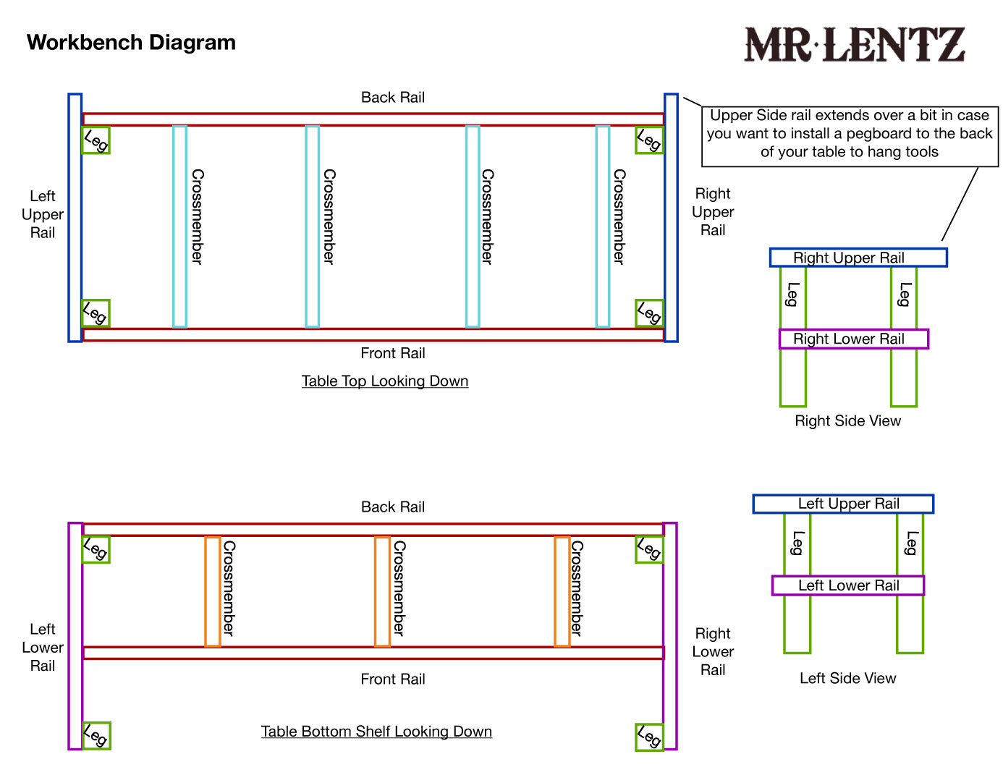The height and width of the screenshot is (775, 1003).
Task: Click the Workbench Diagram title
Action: coord(131,43)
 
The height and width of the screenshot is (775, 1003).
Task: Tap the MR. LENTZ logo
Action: coord(855,45)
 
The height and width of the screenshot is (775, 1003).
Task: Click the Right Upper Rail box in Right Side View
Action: coord(858,258)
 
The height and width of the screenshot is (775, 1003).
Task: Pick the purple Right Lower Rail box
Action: coord(853,339)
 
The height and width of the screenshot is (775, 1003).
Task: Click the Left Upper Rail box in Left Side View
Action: coord(843,504)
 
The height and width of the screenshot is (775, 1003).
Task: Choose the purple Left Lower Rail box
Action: coord(847,585)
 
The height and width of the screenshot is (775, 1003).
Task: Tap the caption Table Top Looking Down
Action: coord(385,381)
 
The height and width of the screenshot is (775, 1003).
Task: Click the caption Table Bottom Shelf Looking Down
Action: coord(376,732)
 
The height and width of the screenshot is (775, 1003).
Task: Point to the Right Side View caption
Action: coord(847,421)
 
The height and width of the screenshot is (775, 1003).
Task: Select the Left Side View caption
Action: coord(847,678)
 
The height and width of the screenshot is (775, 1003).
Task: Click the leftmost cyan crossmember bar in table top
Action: coord(179,226)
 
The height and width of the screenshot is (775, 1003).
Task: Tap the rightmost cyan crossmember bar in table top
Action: coord(602,226)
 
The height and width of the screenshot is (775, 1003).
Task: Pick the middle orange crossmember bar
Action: coord(382,591)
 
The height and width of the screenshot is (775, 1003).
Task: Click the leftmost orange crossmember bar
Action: coord(212,591)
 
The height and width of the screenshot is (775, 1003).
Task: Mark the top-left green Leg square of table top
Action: coord(96,140)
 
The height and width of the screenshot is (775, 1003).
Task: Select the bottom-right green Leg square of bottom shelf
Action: coord(649,737)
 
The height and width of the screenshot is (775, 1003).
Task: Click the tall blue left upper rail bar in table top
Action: coord(75,217)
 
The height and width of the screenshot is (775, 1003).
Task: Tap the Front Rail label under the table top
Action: coord(393,353)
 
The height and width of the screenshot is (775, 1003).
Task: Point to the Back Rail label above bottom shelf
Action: coord(393,507)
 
